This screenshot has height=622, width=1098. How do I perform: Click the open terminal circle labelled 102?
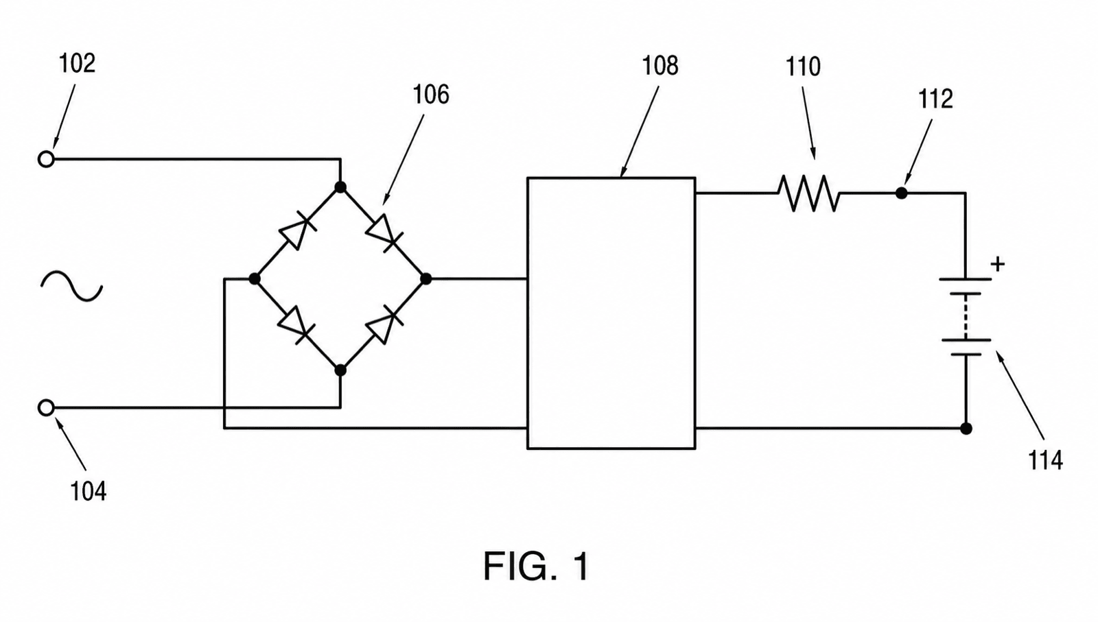(46, 159)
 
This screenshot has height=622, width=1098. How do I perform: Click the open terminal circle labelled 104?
(46, 407)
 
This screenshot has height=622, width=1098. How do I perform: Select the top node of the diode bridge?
(340, 187)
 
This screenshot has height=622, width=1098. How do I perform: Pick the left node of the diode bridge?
(255, 278)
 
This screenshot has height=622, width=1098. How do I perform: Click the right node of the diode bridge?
(426, 278)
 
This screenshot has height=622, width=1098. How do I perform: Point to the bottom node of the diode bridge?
(340, 370)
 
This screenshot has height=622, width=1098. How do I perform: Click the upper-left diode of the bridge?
(298, 232)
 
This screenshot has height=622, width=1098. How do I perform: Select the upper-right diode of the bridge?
(384, 232)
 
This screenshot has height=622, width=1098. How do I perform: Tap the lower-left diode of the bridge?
(296, 324)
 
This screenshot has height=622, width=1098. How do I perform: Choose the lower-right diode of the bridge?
(385, 324)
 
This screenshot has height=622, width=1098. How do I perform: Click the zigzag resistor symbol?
(809, 193)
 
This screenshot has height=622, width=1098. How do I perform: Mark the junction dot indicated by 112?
(901, 193)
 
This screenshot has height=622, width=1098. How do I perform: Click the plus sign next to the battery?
(998, 265)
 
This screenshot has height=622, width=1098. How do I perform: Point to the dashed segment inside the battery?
(966, 317)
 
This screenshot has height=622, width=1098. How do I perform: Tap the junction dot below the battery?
(966, 429)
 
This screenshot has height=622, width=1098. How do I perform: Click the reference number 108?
(660, 66)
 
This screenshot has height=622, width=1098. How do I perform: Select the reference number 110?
(803, 67)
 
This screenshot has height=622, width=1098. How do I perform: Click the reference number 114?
(1045, 460)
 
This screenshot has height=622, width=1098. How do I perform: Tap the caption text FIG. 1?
(536, 566)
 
